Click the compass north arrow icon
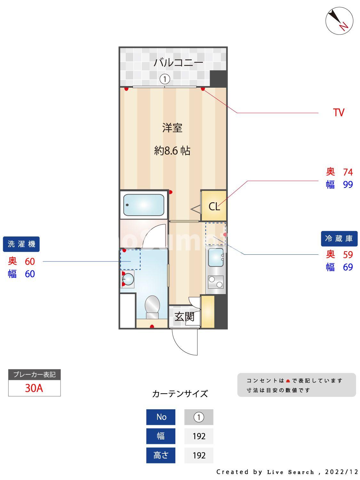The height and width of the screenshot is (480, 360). click(339, 20)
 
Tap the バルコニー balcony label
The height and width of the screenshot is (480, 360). click(178, 62)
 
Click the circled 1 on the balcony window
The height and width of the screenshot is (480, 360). click(164, 79)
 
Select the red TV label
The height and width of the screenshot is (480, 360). click(338, 113)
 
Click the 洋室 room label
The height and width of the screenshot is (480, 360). click(172, 128)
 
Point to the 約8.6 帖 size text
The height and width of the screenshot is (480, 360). click(172, 150)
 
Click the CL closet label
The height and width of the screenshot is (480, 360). click(214, 207)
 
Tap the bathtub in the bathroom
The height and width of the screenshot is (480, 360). click(144, 205)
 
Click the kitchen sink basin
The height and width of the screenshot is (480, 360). click(216, 258)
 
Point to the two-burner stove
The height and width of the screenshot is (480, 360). click(216, 282)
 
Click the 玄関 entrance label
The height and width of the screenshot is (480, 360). click(184, 317)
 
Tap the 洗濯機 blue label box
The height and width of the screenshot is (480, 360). click(21, 244)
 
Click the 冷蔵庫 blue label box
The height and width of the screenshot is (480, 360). click(339, 238)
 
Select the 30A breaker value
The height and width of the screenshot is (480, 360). click(34, 388)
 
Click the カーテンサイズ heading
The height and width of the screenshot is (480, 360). click(180, 394)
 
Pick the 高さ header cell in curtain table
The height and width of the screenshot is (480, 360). click(161, 455)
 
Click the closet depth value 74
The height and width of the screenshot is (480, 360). click(348, 172)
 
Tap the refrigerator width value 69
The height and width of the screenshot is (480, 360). click(348, 267)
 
